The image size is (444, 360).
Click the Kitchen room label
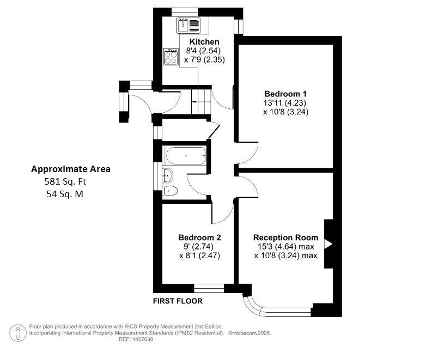(x=204, y=42)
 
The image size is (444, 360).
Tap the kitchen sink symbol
(x=189, y=25)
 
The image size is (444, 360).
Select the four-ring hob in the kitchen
(x=171, y=56)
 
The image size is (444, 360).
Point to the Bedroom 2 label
(x=199, y=237)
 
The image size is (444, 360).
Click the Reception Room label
(x=285, y=237)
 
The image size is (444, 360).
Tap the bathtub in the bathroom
(x=185, y=156)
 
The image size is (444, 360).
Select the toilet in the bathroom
(x=170, y=191)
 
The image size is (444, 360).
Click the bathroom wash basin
(x=168, y=175)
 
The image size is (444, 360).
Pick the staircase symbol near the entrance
(x=202, y=101)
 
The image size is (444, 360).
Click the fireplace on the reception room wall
(x=329, y=244)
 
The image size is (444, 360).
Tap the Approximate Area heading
(x=70, y=169)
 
